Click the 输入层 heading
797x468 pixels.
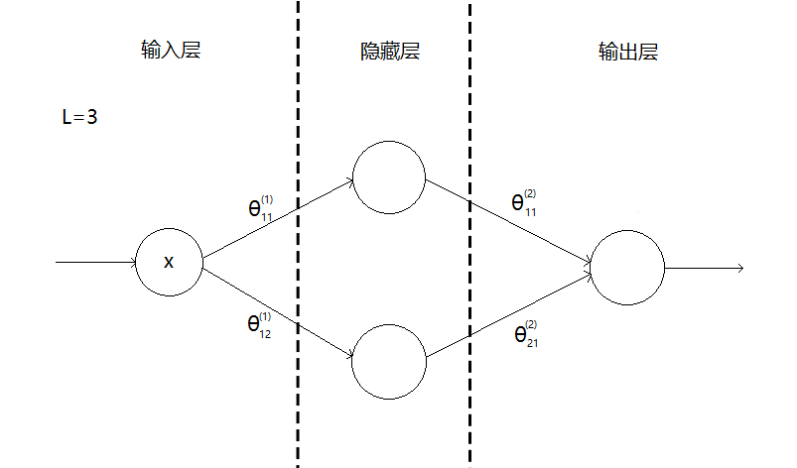(171, 51)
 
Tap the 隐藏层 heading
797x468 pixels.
(389, 52)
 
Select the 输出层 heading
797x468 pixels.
(628, 52)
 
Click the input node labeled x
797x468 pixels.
(169, 263)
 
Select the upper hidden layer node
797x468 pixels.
(389, 179)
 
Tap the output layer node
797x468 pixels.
(627, 267)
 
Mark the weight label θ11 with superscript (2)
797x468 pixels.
(524, 202)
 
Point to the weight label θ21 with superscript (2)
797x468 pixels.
(526, 333)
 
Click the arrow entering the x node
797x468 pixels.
(95, 263)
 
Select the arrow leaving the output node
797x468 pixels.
(704, 268)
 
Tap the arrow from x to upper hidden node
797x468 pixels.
(279, 221)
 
